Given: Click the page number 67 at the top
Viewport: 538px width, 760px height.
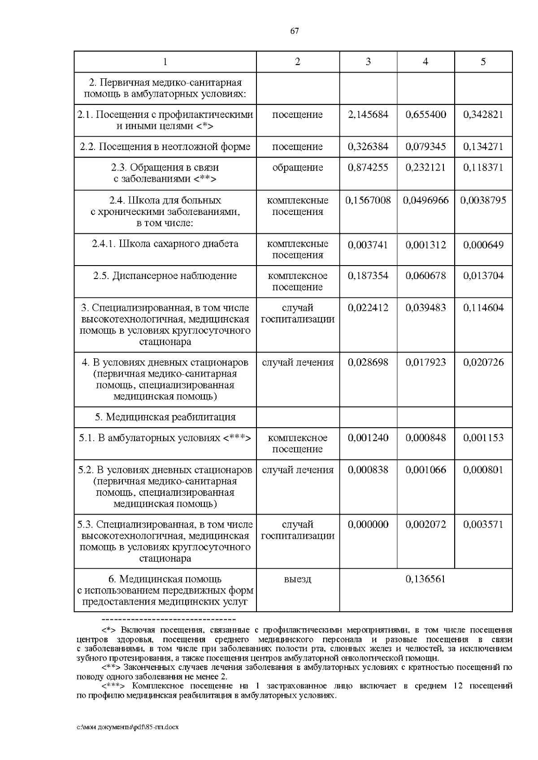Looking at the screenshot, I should tap(294, 31).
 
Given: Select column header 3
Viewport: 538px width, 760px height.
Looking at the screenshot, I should tap(368, 62).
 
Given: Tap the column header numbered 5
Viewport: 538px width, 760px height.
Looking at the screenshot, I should tap(483, 62).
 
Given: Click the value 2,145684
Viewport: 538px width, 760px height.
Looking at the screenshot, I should tap(368, 115).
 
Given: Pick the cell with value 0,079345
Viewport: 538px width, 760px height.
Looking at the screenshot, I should tap(425, 147).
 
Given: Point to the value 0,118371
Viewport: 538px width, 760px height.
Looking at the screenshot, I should tap(483, 167).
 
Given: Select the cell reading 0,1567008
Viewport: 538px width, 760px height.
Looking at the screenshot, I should tap(368, 201).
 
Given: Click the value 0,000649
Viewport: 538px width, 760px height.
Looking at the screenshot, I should tap(483, 245).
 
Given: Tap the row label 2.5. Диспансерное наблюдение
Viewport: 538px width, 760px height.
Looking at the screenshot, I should tap(165, 276).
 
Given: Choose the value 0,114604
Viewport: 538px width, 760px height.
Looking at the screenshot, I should tap(483, 308).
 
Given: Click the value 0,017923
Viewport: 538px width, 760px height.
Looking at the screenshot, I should tap(425, 363).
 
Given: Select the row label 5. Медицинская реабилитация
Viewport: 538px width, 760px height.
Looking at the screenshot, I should tap(165, 417).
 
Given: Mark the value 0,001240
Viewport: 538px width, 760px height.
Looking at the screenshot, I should tap(368, 438).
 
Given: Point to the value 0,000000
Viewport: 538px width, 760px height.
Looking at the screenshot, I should tap(368, 525).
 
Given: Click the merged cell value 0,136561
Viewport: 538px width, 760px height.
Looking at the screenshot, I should tap(425, 580).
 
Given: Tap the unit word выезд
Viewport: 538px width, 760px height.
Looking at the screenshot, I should tap(297, 580).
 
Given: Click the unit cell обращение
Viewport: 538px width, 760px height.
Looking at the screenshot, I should tap(297, 167).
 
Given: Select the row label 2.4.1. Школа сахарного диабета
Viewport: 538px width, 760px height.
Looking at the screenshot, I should tap(165, 244).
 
